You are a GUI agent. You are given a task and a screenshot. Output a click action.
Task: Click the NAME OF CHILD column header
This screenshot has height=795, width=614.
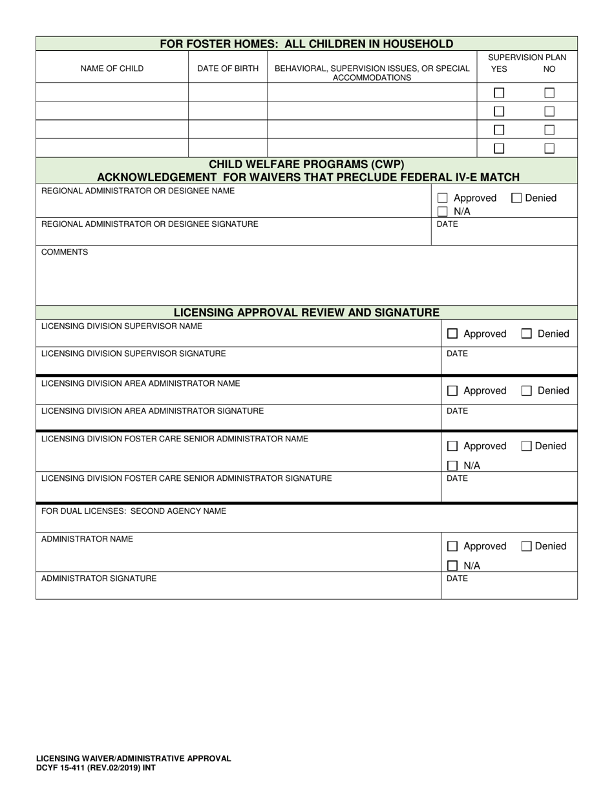pyautogui.click(x=112, y=69)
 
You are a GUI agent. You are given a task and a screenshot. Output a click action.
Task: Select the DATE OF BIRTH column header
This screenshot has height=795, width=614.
pyautogui.click(x=228, y=69)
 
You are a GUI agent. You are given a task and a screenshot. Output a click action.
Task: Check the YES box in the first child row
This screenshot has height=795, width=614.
pyautogui.click(x=499, y=92)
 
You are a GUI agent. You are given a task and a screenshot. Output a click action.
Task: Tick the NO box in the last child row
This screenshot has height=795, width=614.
pyautogui.click(x=549, y=149)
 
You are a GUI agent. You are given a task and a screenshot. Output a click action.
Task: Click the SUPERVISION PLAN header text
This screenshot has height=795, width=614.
pyautogui.click(x=527, y=58)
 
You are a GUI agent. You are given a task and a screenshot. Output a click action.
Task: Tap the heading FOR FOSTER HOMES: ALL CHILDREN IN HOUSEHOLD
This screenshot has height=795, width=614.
pyautogui.click(x=306, y=44)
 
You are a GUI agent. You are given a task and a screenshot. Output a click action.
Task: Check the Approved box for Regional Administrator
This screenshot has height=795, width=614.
pyautogui.click(x=443, y=198)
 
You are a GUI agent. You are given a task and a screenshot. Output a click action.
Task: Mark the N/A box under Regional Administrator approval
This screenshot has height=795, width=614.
pyautogui.click(x=443, y=211)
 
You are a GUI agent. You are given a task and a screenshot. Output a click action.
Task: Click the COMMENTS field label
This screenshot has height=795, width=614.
pyautogui.click(x=65, y=252)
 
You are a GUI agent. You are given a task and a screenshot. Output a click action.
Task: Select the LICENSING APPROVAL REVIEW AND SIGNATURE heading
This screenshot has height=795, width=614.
pyautogui.click(x=306, y=313)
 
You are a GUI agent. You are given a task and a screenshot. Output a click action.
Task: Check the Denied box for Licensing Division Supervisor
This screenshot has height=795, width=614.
pyautogui.click(x=527, y=334)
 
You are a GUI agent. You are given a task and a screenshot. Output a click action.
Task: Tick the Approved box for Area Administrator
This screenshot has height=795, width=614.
pyautogui.click(x=452, y=391)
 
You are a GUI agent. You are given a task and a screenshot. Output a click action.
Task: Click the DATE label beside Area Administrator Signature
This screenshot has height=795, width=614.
pyautogui.click(x=457, y=411)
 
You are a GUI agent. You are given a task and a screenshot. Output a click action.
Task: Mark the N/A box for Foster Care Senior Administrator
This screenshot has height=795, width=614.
pyautogui.click(x=452, y=465)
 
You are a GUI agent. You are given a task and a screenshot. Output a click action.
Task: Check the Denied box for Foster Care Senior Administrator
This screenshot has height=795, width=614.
pyautogui.click(x=527, y=446)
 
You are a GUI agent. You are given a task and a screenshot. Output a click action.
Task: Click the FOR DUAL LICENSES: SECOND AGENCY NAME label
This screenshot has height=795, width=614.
pyautogui.click(x=134, y=511)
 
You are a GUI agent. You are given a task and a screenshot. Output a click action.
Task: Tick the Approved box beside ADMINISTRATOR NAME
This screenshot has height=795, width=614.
pyautogui.click(x=452, y=546)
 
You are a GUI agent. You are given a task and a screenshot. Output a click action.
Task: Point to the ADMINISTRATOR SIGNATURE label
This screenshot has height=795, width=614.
pyautogui.click(x=99, y=578)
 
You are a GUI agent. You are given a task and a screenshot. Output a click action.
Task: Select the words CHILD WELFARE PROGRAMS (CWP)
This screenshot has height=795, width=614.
pyautogui.click(x=306, y=164)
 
